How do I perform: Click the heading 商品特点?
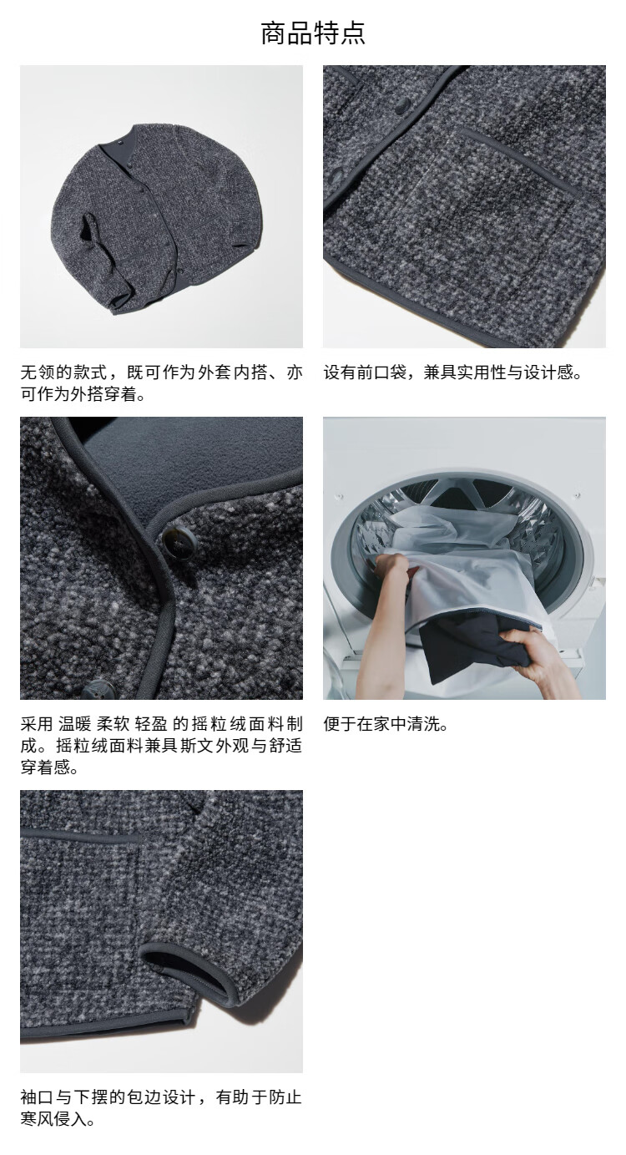(313, 33)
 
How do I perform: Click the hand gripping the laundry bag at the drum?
(391, 567)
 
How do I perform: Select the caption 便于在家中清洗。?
(386, 724)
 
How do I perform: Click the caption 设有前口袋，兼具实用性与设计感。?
(452, 372)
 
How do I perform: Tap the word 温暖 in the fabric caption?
(74, 724)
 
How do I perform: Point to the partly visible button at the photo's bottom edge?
(98, 690)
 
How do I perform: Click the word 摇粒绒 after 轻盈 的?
(219, 724)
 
